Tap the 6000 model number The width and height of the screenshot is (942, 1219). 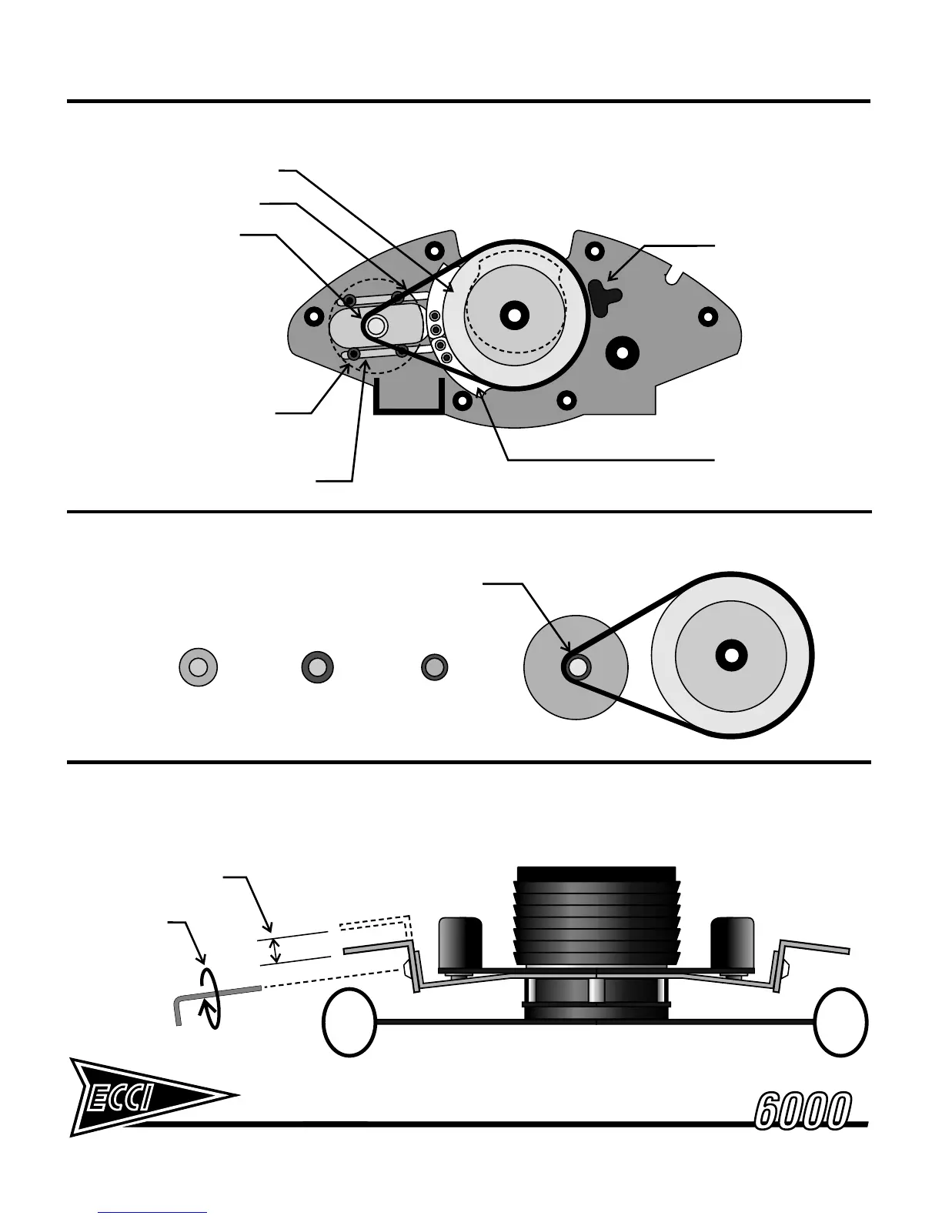click(803, 1110)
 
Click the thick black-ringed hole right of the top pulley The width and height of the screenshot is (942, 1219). click(621, 352)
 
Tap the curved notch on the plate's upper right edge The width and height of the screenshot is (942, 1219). click(676, 272)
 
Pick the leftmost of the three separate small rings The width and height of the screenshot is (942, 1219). click(198, 666)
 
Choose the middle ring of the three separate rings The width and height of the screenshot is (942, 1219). click(317, 666)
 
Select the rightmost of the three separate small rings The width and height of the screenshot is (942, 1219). click(434, 666)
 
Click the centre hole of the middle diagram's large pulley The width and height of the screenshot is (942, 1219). click(730, 655)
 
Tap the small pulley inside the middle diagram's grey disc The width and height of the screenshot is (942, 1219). click(576, 667)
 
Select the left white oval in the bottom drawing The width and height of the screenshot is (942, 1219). click(349, 1022)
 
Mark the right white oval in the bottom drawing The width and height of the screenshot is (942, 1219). click(842, 1022)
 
